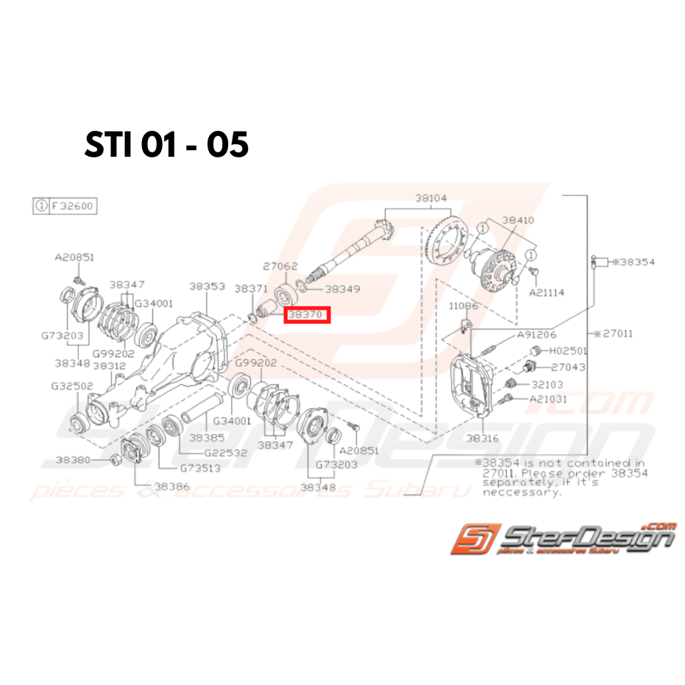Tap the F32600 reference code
[x=72, y=206]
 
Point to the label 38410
[x=519, y=219]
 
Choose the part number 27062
[x=280, y=266]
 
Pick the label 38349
[x=342, y=290]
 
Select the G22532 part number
[x=226, y=453]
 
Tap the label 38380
[x=74, y=460]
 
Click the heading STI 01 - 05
[x=167, y=145]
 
